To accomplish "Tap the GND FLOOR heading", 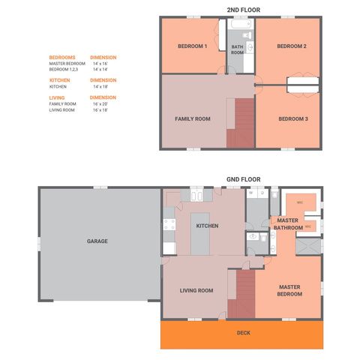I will pyautogui.click(x=243, y=180).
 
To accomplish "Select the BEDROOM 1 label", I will pyautogui.click(x=192, y=46).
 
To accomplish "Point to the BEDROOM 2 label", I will pyautogui.click(x=292, y=46).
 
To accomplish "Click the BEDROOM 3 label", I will pyautogui.click(x=293, y=118).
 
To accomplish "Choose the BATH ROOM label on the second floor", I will pyautogui.click(x=237, y=49).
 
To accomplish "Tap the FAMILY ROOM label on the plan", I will pyautogui.click(x=192, y=118).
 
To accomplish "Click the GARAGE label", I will pyautogui.click(x=97, y=241).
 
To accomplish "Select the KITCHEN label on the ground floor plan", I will pyautogui.click(x=207, y=226).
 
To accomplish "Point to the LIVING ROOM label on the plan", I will pyautogui.click(x=196, y=290).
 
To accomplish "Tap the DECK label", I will pyautogui.click(x=243, y=332).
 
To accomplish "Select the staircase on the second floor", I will pyautogui.click(x=241, y=124).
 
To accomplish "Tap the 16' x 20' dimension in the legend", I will pyautogui.click(x=100, y=103).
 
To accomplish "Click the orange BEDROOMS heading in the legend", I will pyautogui.click(x=62, y=58).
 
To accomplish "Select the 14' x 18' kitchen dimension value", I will pyautogui.click(x=100, y=86).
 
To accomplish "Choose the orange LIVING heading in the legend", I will pyautogui.click(x=57, y=97).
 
